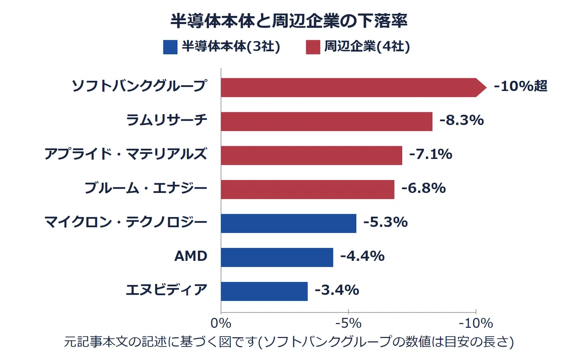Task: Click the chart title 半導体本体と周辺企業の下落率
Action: [x=289, y=21]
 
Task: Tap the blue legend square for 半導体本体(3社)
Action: [x=171, y=47]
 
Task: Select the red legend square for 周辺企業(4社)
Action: [x=313, y=47]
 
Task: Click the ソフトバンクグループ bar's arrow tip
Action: [x=486, y=88]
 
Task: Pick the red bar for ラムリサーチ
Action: [x=327, y=121]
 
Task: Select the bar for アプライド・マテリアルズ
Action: [x=312, y=155]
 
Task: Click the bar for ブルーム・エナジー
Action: [x=308, y=190]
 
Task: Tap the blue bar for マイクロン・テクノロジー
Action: [x=289, y=223]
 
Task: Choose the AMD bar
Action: [x=277, y=257]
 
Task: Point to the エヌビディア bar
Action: [x=264, y=291]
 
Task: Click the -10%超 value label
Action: [x=521, y=86]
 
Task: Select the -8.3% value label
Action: [x=461, y=120]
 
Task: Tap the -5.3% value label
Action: [x=385, y=222]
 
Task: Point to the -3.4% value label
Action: [x=337, y=290]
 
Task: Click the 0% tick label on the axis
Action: [x=221, y=323]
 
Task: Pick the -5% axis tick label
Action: [x=348, y=323]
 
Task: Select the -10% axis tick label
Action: [x=476, y=323]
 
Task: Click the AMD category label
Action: [x=191, y=256]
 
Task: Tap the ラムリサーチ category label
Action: [x=167, y=120]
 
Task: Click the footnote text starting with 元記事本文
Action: [x=289, y=342]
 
